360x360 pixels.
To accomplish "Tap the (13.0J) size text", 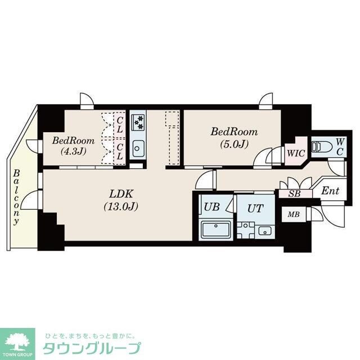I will click(121, 206).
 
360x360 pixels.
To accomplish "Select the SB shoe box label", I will click(294, 193).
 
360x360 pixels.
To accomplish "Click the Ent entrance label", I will click(330, 191).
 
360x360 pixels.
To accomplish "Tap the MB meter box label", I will click(293, 214).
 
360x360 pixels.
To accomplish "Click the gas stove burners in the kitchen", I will click(138, 121).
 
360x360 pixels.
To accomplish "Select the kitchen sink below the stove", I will click(138, 148).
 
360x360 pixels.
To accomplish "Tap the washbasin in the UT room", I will click(264, 231).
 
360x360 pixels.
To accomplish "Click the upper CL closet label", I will click(120, 124).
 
